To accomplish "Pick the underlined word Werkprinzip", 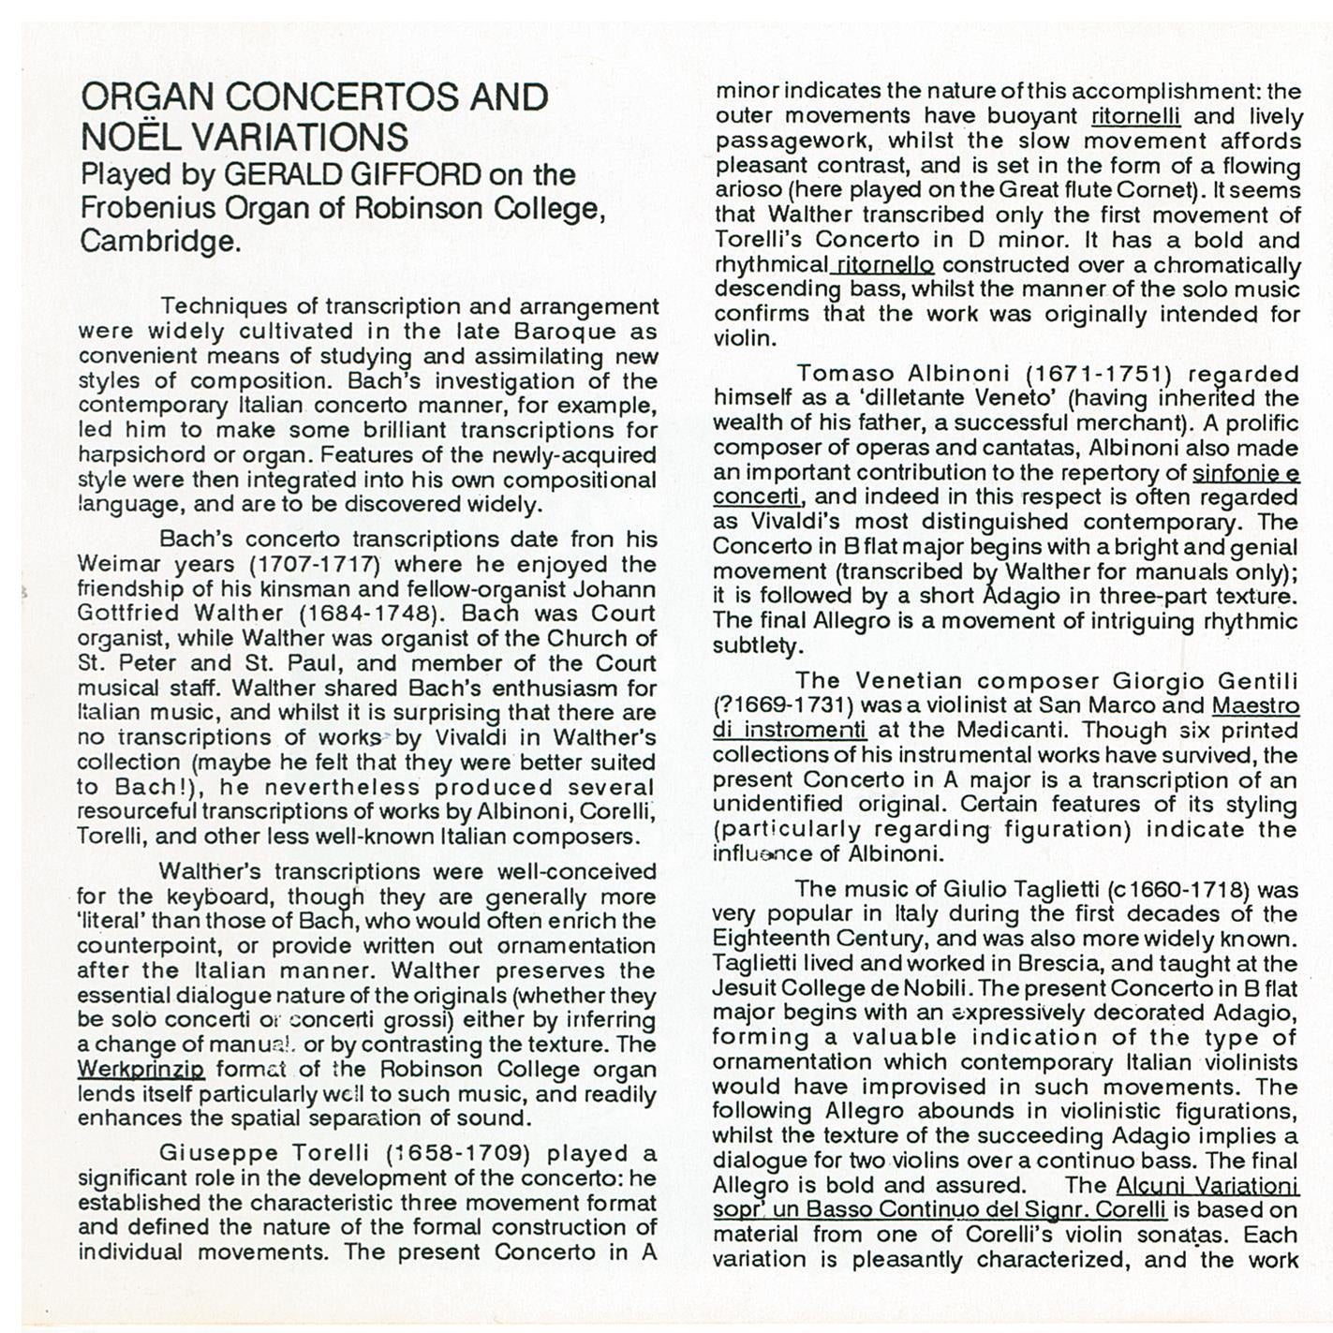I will (141, 1069).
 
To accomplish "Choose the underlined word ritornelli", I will (1135, 116).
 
